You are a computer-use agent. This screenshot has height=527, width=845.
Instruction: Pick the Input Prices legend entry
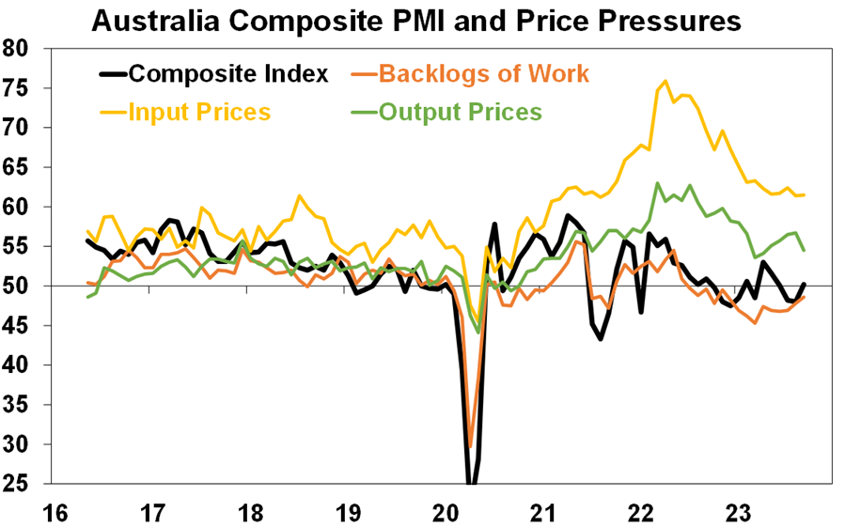pos(199,112)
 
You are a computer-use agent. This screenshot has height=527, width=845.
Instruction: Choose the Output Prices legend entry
pos(460,112)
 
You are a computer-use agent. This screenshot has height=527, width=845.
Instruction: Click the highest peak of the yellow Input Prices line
pos(665,81)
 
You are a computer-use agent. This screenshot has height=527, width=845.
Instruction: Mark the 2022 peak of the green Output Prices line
pos(658,183)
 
